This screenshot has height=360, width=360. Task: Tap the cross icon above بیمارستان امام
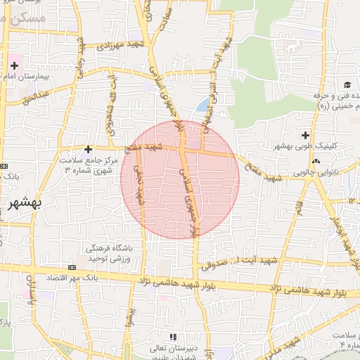(13, 65)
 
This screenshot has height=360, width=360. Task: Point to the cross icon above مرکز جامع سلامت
(88, 149)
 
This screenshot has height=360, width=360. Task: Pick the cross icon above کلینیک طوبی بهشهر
(305, 134)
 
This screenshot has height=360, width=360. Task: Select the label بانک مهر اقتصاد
(70, 278)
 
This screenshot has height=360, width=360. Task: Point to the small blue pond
(202, 106)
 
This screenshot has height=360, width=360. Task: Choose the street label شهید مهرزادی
(116, 46)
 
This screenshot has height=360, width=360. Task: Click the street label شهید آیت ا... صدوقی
(240, 264)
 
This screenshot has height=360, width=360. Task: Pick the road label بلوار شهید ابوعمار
(345, 239)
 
